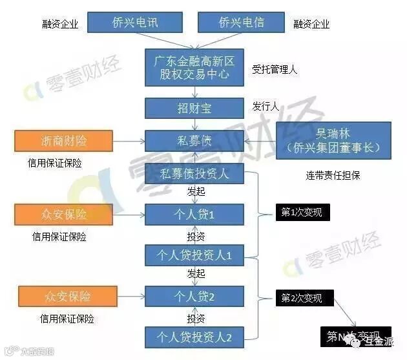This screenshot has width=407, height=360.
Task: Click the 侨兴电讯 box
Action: coord(134,23)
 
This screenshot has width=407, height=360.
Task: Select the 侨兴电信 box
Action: coord(240,23)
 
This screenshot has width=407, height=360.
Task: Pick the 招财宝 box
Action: coord(193,109)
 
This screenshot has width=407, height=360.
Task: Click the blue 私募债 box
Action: coord(193,140)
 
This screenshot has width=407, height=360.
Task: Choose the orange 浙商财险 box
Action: coord(63,140)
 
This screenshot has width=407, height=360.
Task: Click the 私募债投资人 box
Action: coord(193,173)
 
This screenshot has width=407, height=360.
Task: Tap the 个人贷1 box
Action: coord(193,214)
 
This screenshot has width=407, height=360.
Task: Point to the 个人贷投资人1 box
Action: coord(193,255)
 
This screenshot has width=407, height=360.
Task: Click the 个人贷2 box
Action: coord(193,297)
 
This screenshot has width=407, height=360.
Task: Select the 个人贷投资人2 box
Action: coord(193,337)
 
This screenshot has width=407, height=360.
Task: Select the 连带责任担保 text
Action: coord(333,175)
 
